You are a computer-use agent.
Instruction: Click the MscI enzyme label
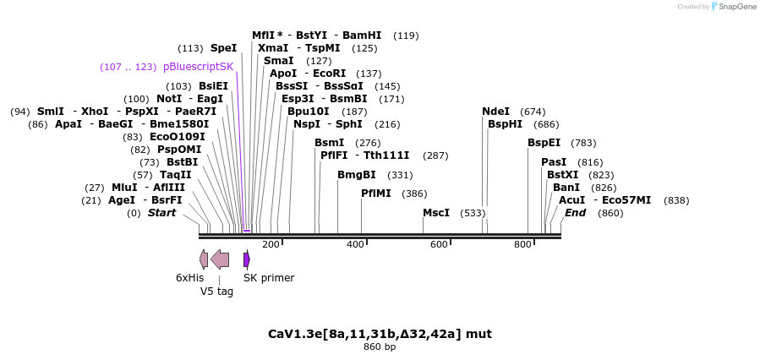(435, 213)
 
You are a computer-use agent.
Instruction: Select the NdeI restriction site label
(495, 112)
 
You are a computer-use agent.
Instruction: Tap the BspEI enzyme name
(544, 143)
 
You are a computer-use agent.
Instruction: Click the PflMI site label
(375, 194)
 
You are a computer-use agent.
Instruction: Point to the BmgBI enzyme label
(356, 175)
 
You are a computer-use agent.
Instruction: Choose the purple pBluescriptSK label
(198, 67)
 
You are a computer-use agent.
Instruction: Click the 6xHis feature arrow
(204, 259)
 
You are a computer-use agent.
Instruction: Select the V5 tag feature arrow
(220, 259)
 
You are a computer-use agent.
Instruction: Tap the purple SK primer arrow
(246, 259)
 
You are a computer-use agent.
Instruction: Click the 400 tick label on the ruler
(355, 245)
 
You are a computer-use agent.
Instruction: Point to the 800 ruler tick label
(522, 245)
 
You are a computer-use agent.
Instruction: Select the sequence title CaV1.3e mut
(380, 334)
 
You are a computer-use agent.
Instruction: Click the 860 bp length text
(380, 347)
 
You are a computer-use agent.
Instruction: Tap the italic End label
(575, 213)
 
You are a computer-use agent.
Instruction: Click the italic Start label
(161, 213)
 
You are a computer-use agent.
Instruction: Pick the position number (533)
(473, 213)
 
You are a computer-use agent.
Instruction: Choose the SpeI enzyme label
(223, 48)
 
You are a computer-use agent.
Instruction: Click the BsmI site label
(329, 143)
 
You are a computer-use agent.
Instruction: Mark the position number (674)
(533, 112)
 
